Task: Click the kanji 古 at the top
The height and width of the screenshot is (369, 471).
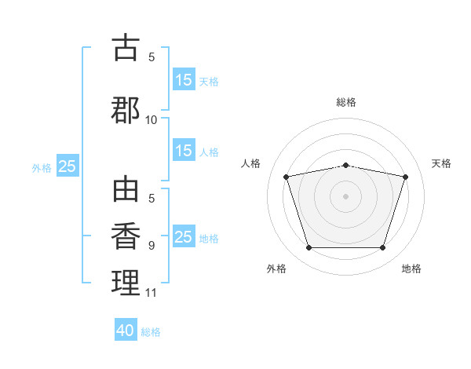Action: [126, 48]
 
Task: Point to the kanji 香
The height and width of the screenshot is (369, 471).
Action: [126, 236]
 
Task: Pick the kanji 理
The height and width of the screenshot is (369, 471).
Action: [126, 283]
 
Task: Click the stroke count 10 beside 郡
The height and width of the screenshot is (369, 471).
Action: [152, 119]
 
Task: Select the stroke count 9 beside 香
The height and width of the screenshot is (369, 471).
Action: [152, 245]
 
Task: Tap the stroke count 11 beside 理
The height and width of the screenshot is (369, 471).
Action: [151, 293]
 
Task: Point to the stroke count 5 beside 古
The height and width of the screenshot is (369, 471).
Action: [152, 57]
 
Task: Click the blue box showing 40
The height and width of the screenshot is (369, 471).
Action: [126, 331]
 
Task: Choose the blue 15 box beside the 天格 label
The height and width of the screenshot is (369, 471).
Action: [184, 80]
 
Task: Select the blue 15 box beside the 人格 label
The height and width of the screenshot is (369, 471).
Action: [184, 151]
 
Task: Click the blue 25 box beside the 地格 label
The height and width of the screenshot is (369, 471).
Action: [184, 237]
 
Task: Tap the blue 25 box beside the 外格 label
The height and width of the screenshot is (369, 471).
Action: [68, 166]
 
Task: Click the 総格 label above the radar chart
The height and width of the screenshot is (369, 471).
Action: [346, 102]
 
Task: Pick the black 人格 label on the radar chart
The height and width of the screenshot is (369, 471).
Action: [251, 163]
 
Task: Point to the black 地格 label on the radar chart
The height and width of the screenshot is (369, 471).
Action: [411, 269]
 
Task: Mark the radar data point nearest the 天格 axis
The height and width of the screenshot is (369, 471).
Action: [405, 177]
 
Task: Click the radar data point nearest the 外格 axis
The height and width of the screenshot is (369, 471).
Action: [309, 248]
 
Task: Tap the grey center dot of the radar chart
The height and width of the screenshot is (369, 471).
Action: [345, 195]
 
